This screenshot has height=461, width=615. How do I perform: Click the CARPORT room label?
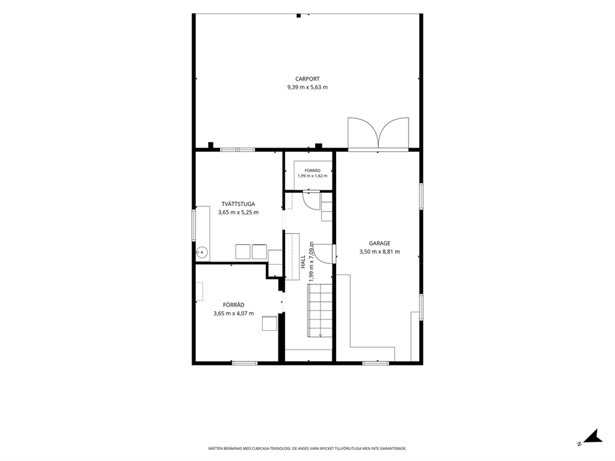[x=307, y=79]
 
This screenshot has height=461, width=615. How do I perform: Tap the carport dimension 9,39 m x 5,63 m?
[x=307, y=87]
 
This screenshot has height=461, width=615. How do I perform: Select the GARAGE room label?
[x=379, y=243]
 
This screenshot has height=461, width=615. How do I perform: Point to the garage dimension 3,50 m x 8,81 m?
[x=379, y=252]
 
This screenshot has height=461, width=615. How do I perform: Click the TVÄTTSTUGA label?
[x=239, y=204]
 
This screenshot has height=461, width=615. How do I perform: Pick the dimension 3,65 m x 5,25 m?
[x=239, y=213]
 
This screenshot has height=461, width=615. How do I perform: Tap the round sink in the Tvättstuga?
[x=201, y=252]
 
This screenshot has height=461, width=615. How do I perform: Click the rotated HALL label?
[x=303, y=262]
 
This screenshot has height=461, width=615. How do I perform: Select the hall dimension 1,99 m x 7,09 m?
[x=311, y=261]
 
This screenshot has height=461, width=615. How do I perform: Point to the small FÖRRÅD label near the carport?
[x=312, y=170]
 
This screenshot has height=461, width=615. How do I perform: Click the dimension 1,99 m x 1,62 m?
[x=312, y=175]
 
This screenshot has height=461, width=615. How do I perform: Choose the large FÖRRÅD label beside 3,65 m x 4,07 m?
[x=234, y=305]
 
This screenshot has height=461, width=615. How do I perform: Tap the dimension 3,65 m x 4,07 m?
[x=234, y=314]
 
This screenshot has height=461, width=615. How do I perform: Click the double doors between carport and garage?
[x=379, y=134]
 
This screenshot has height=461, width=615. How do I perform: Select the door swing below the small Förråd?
[x=311, y=201]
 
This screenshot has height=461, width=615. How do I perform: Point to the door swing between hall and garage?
[x=325, y=253]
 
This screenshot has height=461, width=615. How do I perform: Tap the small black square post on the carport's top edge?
[x=298, y=15]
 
